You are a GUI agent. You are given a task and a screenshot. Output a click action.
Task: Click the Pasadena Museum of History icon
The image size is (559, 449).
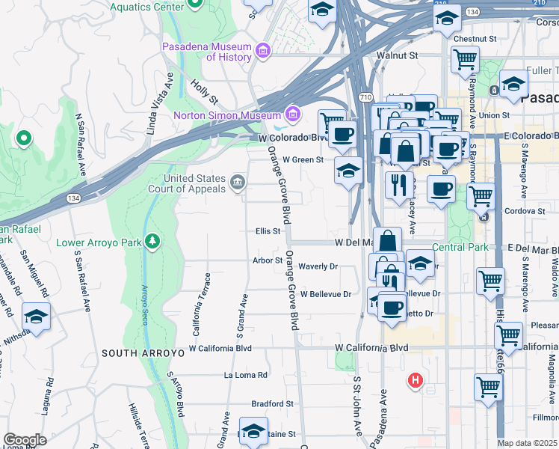262,51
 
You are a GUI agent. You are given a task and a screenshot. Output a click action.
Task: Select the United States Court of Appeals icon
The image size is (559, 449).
238,183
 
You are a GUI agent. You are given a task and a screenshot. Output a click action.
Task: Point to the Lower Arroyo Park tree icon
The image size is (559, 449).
152,241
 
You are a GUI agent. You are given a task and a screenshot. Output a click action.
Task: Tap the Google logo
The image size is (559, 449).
25,440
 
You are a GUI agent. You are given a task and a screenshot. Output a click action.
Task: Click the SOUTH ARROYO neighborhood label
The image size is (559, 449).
143,352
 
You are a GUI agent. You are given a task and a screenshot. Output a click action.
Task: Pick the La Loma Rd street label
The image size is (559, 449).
246,375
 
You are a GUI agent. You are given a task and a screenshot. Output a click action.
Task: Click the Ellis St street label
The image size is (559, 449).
268,231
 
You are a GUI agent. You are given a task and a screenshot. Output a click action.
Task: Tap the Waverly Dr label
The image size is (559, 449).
318,266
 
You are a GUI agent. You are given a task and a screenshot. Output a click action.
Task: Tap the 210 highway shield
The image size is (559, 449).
441,4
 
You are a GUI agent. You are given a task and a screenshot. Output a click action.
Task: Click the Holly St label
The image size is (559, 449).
203,92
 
